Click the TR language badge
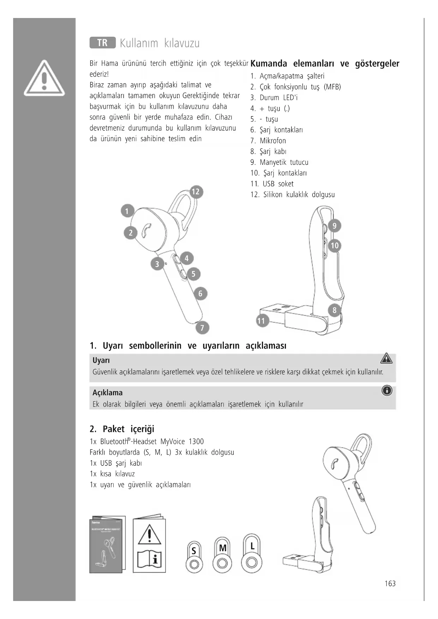click(102, 43)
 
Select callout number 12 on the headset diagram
click(196, 192)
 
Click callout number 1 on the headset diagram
click(127, 211)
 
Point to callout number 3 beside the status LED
click(157, 264)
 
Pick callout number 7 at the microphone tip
click(202, 328)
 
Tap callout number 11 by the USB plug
click(261, 321)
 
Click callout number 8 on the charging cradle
click(335, 311)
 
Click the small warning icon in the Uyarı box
click(386, 358)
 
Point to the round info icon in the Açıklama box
click(387, 391)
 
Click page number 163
click(390, 584)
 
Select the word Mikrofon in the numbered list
click(273, 141)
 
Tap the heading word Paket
click(114, 429)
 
